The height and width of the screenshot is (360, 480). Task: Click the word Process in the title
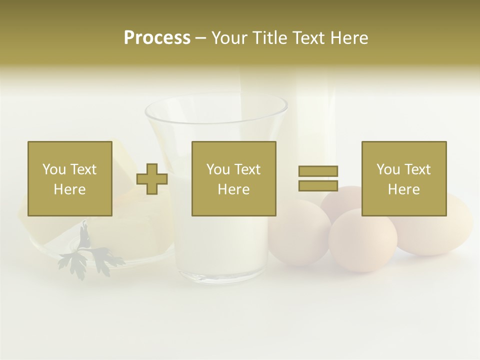[157, 38]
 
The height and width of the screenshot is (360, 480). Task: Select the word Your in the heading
[230, 38]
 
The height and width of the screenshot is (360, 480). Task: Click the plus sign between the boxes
[152, 178]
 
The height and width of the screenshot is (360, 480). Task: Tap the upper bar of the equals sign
[318, 171]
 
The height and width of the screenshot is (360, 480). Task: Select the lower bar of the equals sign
[318, 185]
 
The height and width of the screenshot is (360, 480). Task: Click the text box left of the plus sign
[70, 178]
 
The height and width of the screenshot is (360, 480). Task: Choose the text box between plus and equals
[233, 178]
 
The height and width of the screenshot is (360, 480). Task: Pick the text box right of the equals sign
[404, 178]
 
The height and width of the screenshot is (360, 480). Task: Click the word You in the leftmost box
[53, 169]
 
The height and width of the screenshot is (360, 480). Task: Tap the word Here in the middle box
[233, 189]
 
